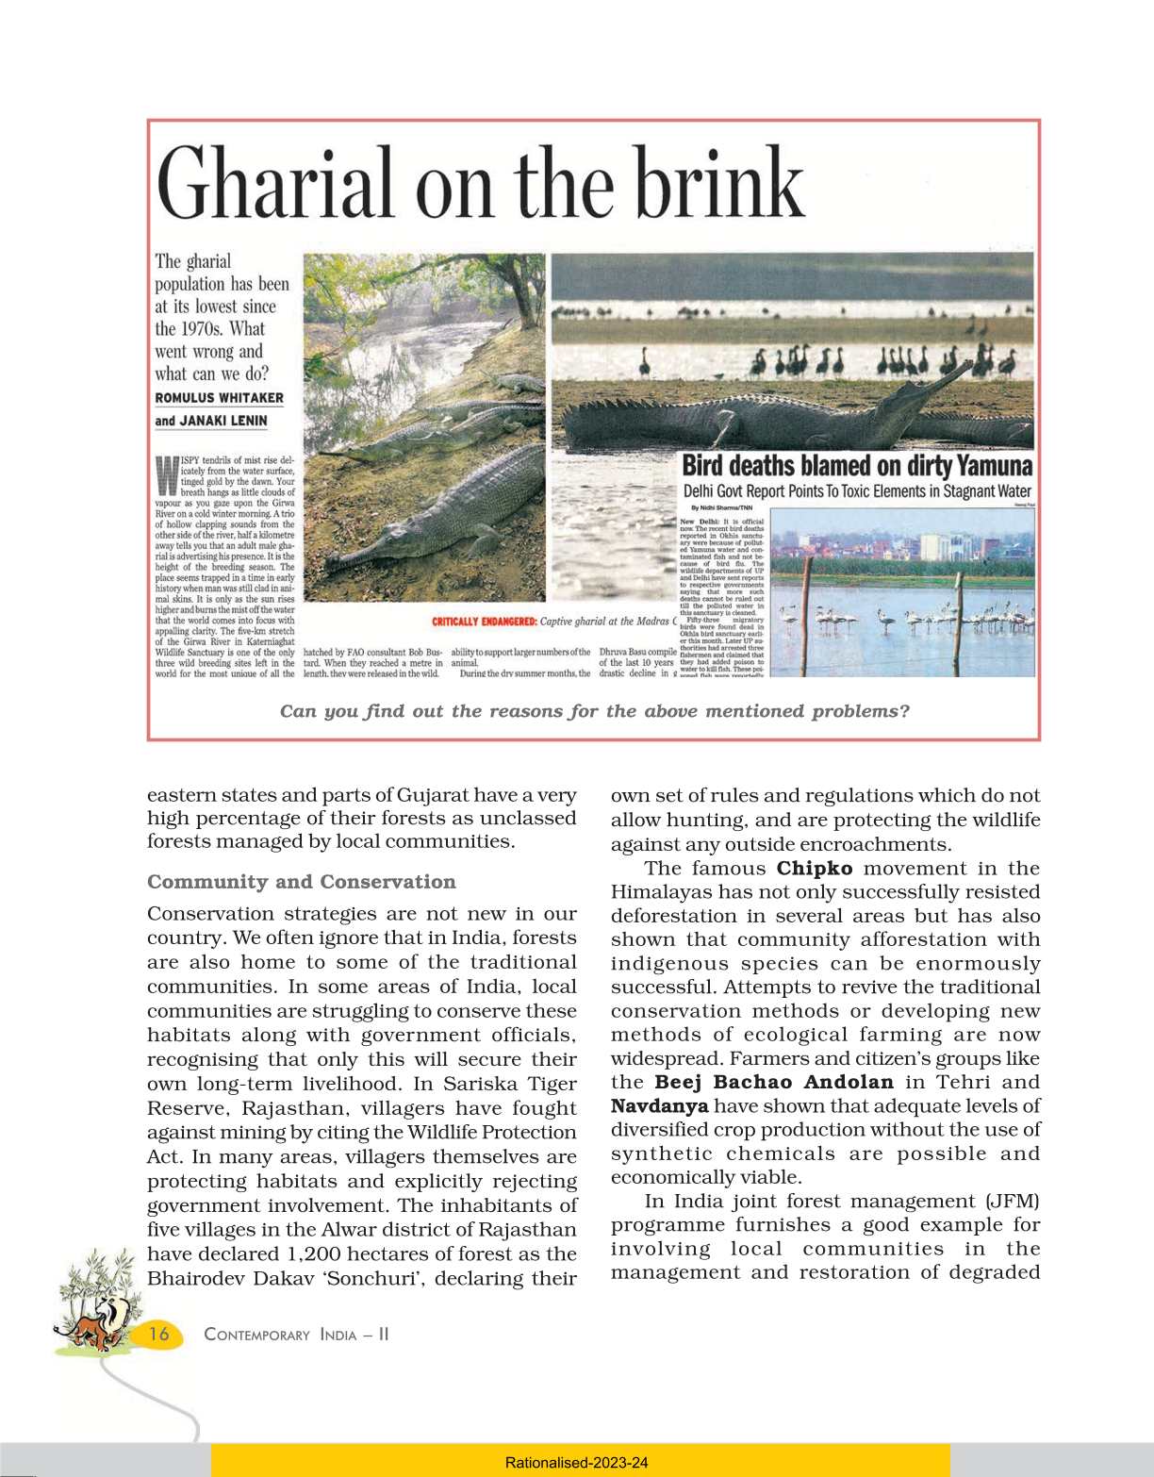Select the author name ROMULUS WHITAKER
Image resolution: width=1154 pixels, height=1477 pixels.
(x=219, y=398)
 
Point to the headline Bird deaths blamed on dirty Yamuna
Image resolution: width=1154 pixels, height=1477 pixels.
(x=856, y=466)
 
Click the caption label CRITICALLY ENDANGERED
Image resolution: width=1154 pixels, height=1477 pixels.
(x=484, y=622)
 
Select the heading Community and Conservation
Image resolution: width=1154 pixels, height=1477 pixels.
(x=301, y=882)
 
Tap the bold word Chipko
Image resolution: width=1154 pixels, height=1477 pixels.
(x=815, y=869)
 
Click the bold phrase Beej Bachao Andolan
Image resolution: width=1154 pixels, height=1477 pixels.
(x=773, y=1082)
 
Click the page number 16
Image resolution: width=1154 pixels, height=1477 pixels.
(x=159, y=1334)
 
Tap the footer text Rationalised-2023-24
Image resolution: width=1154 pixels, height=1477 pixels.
(x=576, y=1463)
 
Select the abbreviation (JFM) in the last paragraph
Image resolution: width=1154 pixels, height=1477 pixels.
(x=1013, y=1201)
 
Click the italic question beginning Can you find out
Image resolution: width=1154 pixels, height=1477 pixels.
(x=594, y=711)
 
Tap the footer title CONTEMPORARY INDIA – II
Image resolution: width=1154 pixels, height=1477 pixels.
(x=296, y=1335)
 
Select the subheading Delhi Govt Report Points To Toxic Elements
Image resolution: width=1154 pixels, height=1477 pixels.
(x=856, y=491)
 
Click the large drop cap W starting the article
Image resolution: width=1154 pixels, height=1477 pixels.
(x=166, y=475)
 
